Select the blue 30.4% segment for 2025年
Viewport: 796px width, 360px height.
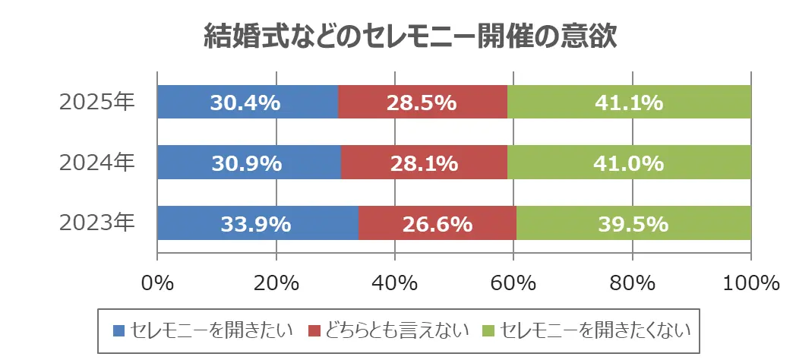(248, 102)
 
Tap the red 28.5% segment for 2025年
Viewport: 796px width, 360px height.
(422, 102)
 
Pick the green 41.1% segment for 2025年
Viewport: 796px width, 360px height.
(629, 102)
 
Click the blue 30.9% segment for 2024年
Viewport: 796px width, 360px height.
(249, 163)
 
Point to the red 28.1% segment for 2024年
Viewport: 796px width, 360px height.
(424, 163)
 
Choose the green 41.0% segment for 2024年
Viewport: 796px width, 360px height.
(629, 163)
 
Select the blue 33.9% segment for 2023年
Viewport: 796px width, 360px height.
(257, 224)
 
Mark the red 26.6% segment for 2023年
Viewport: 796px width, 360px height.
(437, 224)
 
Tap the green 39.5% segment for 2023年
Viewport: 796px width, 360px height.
(633, 224)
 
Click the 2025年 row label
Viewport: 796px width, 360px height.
(97, 102)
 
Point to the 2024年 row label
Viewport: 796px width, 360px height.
(97, 163)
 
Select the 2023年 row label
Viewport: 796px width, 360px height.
(97, 224)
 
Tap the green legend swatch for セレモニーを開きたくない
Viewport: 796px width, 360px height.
(489, 330)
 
